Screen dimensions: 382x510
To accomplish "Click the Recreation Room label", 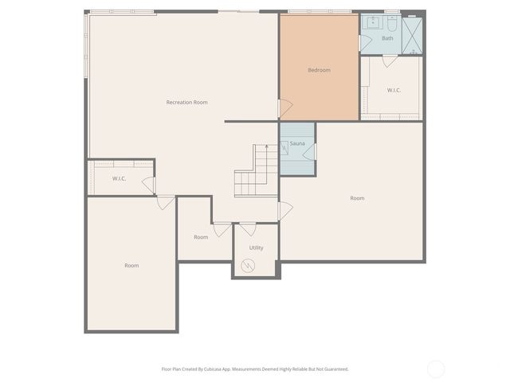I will pos(186,102).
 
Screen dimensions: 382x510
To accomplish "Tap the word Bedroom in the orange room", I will pos(319,70).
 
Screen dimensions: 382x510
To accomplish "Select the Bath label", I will pos(387,38).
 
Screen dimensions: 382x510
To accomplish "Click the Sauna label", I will pos(297,143).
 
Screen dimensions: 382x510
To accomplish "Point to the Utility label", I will pos(256,248).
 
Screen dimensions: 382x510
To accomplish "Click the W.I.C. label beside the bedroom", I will pos(394,90).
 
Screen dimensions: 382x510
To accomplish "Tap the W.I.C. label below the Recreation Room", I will pos(120,178).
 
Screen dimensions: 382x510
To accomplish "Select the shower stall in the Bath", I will pos(411,35).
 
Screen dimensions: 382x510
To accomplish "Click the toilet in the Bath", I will pos(392,22).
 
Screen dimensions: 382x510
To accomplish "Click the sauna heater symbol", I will pos(284,147).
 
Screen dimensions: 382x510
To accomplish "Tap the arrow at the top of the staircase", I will pos(266,148).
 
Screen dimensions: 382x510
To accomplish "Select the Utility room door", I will pos(248,230).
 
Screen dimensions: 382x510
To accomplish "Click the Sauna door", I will pos(311,151).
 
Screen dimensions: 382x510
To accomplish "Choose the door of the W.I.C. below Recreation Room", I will pos(148,185).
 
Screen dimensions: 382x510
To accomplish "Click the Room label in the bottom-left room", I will pos(131,265).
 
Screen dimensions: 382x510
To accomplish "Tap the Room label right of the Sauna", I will pos(357,198).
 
